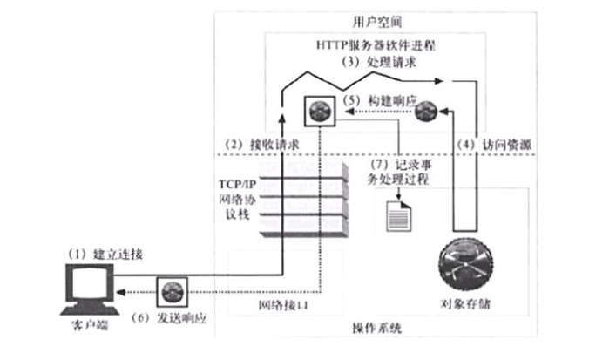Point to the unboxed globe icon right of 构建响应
pos(423,110)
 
